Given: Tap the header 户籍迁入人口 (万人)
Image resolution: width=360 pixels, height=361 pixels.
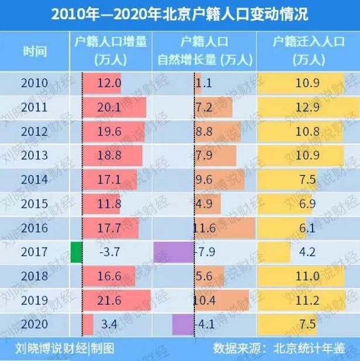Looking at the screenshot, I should [307, 50].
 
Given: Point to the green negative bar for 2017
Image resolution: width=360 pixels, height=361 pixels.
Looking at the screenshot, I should [76, 252].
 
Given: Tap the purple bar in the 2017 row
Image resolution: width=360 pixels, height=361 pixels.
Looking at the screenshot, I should [173, 252].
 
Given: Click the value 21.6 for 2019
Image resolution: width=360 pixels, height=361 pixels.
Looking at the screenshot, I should [109, 300].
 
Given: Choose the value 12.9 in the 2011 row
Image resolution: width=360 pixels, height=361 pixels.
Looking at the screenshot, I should [307, 108].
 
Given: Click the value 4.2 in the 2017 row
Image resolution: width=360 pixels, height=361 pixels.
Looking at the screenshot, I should [307, 252].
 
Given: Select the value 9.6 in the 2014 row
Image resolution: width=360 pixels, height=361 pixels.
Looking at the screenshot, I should [204, 180].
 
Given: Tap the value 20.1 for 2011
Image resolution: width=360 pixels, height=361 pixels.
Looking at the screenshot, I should [109, 108].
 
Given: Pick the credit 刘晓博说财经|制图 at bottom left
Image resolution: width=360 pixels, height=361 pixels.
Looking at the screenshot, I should [64, 349].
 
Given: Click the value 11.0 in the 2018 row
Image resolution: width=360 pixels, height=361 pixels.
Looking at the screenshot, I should [307, 276].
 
